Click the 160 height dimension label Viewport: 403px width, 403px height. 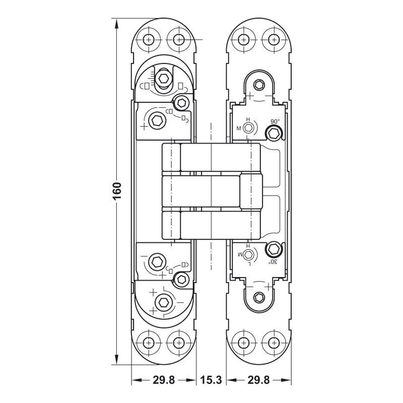116,192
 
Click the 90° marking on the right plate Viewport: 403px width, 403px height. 275,121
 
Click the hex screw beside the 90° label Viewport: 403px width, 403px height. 274,133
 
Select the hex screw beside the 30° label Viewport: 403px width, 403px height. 274,249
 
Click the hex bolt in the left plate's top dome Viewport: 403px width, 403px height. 163,78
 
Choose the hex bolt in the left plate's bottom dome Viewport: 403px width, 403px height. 162,302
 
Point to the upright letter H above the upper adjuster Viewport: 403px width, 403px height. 247,120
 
